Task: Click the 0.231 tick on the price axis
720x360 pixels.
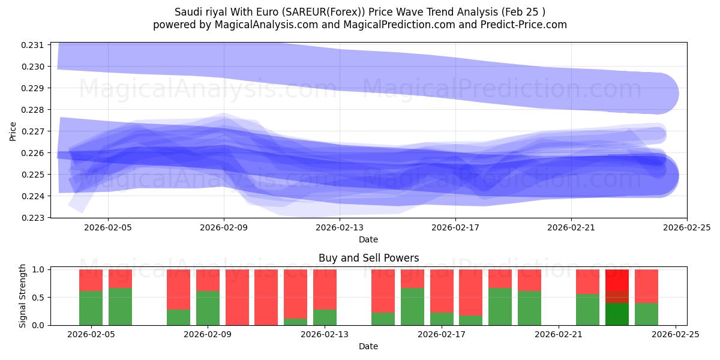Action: point(33,45)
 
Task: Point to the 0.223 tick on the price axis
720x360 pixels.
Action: point(33,218)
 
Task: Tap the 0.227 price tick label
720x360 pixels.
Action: point(33,131)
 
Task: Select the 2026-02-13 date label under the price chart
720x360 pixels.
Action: point(340,227)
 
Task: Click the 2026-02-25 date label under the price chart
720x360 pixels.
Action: point(687,227)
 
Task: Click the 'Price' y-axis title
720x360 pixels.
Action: point(13,131)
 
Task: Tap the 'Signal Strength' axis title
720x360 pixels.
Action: point(23,296)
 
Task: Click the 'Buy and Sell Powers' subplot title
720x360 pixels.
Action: point(368,258)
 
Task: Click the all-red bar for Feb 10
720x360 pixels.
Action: point(237,297)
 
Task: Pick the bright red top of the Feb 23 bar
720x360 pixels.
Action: point(617,280)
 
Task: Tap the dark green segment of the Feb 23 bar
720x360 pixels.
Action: point(617,314)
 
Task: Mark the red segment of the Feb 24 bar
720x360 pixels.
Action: point(646,286)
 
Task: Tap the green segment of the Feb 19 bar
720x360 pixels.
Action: point(500,307)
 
